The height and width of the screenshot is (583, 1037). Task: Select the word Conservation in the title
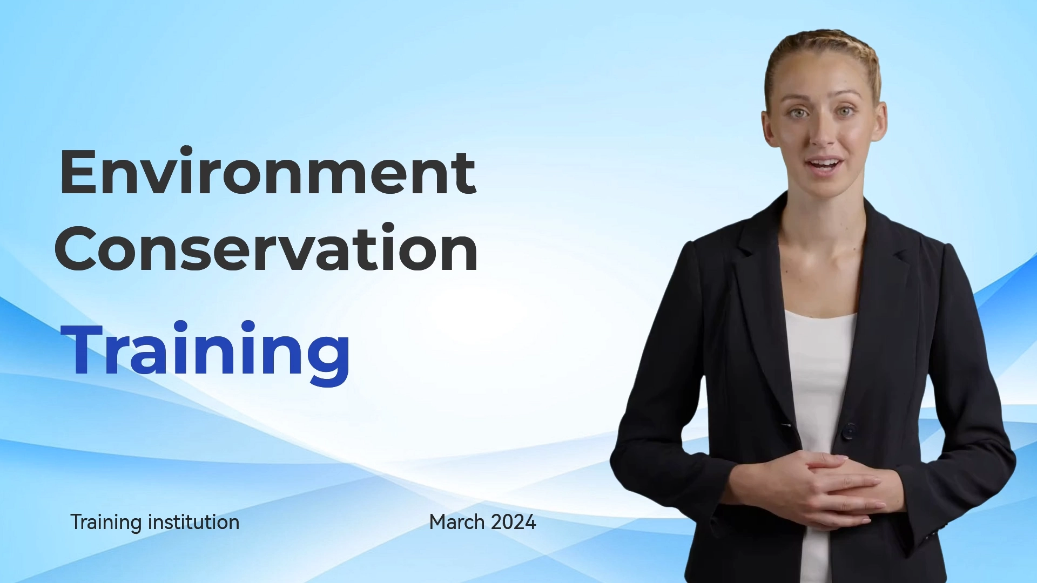point(266,248)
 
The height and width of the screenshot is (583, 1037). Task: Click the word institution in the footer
point(193,522)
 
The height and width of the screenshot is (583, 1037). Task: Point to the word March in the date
point(457,522)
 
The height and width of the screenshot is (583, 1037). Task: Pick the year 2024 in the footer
point(514,522)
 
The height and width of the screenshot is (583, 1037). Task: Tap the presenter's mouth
point(823,165)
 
